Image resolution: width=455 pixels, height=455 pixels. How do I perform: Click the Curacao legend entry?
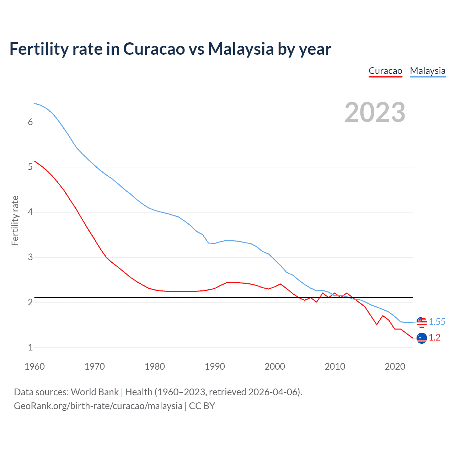click(385, 71)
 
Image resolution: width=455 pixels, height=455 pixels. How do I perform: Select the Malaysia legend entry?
click(428, 71)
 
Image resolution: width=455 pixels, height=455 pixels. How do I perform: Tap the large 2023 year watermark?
click(375, 112)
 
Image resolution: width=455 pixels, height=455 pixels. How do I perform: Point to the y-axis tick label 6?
click(30, 122)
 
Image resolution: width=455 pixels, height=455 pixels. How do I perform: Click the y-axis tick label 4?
click(30, 212)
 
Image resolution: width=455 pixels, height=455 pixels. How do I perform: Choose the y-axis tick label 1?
click(30, 347)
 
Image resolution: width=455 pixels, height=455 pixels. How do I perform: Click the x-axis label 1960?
click(34, 366)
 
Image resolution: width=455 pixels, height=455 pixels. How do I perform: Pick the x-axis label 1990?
click(215, 366)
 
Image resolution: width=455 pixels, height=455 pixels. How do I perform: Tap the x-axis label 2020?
click(395, 366)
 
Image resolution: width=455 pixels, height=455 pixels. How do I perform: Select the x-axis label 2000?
click(275, 366)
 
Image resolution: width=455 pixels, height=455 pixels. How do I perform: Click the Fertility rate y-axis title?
click(15, 220)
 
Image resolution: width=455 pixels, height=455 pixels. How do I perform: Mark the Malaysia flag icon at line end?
click(422, 322)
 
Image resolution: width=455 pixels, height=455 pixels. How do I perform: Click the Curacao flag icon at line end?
click(422, 338)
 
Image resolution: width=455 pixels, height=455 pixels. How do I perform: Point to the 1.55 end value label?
click(437, 322)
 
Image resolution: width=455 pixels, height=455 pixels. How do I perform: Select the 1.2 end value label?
click(434, 338)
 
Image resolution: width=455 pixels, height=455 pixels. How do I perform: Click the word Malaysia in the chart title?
click(241, 49)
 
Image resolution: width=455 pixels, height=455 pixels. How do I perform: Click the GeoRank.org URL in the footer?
click(98, 406)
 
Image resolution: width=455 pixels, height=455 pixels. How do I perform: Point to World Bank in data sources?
click(95, 392)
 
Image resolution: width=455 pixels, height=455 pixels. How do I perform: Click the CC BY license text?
click(202, 406)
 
